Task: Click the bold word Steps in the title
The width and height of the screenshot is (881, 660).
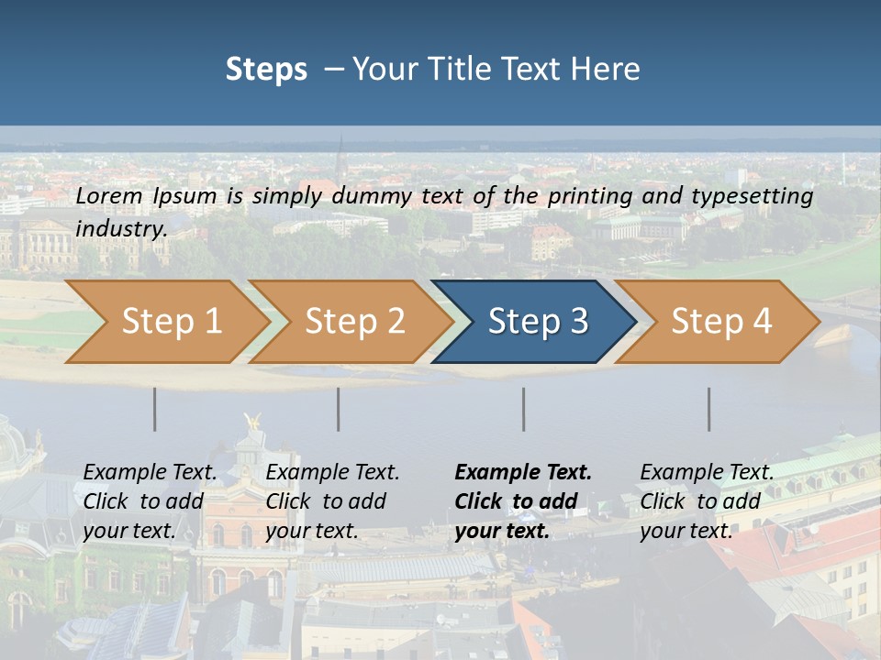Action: pos(266,70)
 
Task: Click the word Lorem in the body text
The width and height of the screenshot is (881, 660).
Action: pos(108,195)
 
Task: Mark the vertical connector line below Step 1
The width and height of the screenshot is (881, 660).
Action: pos(154,409)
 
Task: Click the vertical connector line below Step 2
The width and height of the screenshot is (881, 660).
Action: pos(339,409)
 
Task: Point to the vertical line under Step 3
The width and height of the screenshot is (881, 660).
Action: pos(523,409)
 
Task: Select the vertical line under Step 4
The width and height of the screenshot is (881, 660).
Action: pos(708,409)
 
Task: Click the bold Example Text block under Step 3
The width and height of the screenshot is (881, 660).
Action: pos(523,501)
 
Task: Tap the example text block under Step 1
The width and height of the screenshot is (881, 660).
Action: pos(150,501)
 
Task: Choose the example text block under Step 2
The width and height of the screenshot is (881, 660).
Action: pos(332,501)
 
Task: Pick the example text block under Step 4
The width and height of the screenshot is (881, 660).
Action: pos(707,501)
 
